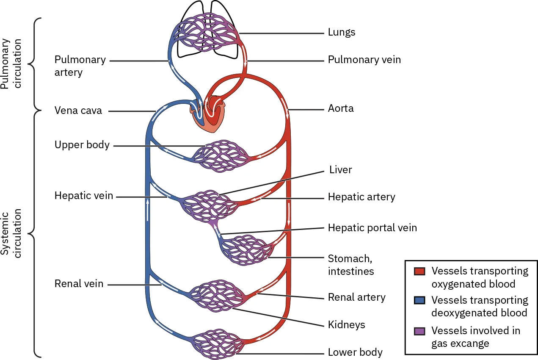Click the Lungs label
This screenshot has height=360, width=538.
coord(341,32)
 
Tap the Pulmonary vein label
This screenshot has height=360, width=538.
coord(364,60)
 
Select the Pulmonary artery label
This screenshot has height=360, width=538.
coord(80,66)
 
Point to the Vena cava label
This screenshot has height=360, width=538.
coord(78,111)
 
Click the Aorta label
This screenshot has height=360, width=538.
coord(340,108)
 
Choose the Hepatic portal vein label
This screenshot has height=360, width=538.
coord(372,228)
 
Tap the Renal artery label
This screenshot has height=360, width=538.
coord(356,297)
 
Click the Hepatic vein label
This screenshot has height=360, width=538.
coord(83,196)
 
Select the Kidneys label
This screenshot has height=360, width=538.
coord(346,325)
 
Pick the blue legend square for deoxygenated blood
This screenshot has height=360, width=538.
coord(419,301)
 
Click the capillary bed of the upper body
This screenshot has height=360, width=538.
coord(220,157)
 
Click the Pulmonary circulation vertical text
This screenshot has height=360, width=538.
coord(12,64)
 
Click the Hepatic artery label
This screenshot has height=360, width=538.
coord(361,197)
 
